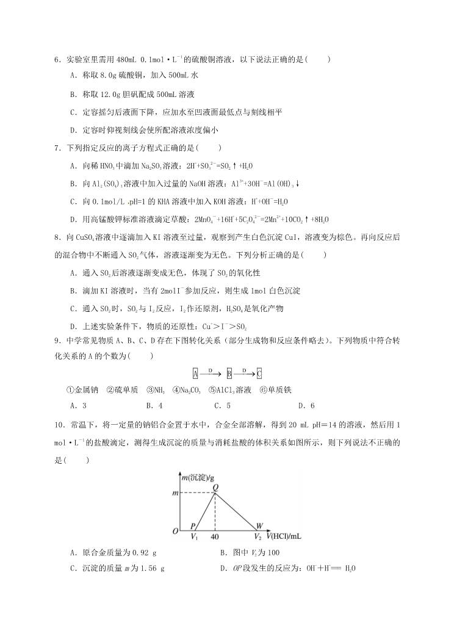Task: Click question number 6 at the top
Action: [57, 59]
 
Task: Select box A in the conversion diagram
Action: [195, 372]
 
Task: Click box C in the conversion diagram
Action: [259, 372]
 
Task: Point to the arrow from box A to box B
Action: [211, 372]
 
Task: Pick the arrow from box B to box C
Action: [243, 372]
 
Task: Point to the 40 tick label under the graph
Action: [214, 537]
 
